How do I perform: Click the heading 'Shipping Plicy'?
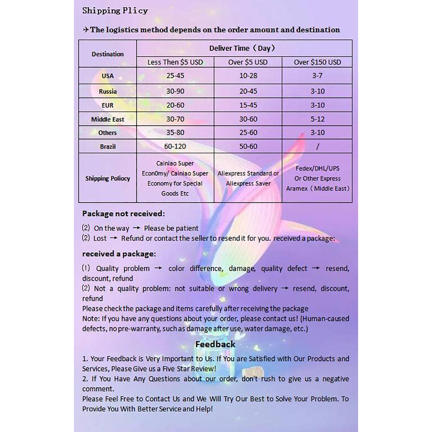pyautogui.click(x=115, y=11)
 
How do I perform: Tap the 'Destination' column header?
pyautogui.click(x=108, y=54)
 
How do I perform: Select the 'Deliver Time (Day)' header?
pyautogui.click(x=244, y=48)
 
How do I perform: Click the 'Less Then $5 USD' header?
pyautogui.click(x=175, y=62)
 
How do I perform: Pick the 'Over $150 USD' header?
pyautogui.click(x=317, y=62)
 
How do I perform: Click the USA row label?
pyautogui.click(x=108, y=76)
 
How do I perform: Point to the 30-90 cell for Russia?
pyautogui.click(x=175, y=91)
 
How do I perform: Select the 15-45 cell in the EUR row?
pyautogui.click(x=248, y=105)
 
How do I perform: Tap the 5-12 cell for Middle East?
pyautogui.click(x=317, y=119)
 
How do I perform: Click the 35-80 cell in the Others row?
pyautogui.click(x=175, y=133)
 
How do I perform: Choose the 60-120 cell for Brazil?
pyautogui.click(x=175, y=146)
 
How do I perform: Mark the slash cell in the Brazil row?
pyautogui.click(x=317, y=146)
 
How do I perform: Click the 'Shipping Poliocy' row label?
pyautogui.click(x=108, y=178)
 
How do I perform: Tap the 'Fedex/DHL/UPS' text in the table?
pyautogui.click(x=317, y=168)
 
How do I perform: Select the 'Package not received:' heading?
pyautogui.click(x=123, y=214)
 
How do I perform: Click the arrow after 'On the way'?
pyautogui.click(x=136, y=228)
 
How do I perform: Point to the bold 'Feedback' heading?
pyautogui.click(x=215, y=344)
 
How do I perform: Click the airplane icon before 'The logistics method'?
pyautogui.click(x=86, y=30)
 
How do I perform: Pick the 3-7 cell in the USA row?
pyautogui.click(x=317, y=76)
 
